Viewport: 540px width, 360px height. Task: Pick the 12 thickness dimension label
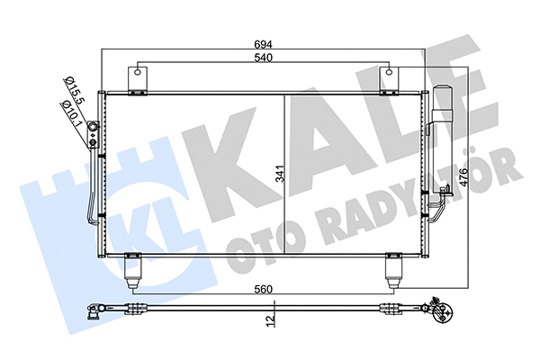tap(270, 319)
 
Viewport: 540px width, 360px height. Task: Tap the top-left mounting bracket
tap(137, 80)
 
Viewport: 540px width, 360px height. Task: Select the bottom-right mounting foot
tap(393, 270)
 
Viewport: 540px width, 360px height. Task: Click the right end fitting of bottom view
tap(440, 313)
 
